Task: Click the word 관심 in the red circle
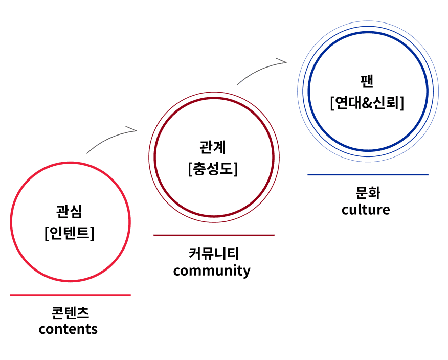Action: [69, 211]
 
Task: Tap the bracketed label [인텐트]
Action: [70, 233]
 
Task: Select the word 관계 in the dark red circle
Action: [213, 147]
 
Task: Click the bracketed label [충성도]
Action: [213, 169]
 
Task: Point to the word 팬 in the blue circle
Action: [367, 81]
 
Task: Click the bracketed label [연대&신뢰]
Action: [367, 103]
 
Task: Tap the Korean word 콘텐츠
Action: [70, 312]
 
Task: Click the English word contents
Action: [68, 329]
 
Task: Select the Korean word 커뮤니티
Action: [214, 253]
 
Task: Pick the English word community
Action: [212, 271]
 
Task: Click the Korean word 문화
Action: [368, 193]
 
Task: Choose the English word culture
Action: [366, 209]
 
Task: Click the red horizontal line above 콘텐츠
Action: [70, 295]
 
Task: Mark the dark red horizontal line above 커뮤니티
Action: [214, 235]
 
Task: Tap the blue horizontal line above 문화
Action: [368, 174]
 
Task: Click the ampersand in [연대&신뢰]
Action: [367, 103]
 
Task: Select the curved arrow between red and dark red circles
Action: [108, 137]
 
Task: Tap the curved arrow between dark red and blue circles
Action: [259, 69]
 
